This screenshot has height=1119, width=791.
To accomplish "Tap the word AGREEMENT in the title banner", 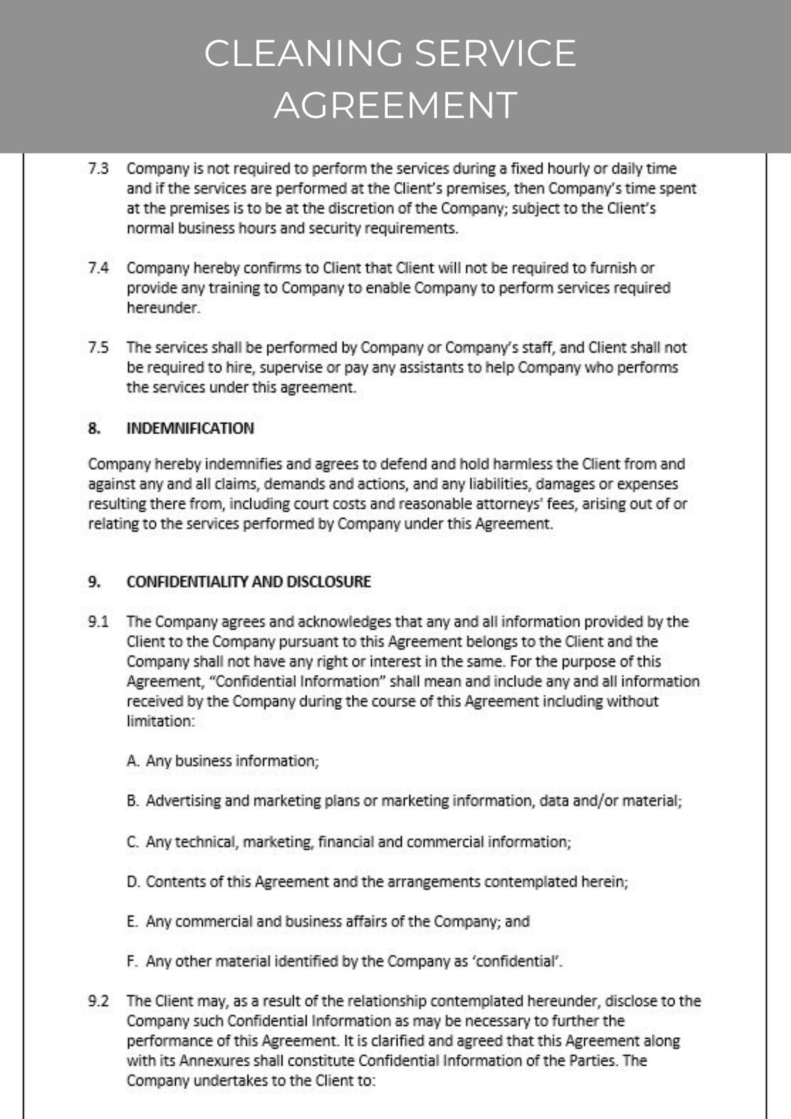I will [x=395, y=106].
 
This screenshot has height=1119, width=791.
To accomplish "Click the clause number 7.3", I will [x=99, y=169].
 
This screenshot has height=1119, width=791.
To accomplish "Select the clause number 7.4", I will [x=99, y=268].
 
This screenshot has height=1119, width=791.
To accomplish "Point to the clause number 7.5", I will [x=99, y=348].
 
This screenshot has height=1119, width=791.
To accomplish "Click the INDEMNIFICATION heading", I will [x=190, y=428].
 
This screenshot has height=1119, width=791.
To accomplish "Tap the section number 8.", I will [x=94, y=428].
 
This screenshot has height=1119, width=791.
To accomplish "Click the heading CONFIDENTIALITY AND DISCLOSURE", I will [x=248, y=582].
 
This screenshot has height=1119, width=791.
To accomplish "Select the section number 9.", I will [x=94, y=582].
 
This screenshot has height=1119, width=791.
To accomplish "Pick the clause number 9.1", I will [x=99, y=622].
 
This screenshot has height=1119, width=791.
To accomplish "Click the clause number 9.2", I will [x=99, y=1001].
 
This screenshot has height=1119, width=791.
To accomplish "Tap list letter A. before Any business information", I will [x=133, y=761].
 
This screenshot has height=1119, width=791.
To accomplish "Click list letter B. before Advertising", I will [x=133, y=801].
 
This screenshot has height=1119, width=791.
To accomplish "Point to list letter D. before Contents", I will [x=133, y=882].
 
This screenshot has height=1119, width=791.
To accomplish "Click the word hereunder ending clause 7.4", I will [x=163, y=308].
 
